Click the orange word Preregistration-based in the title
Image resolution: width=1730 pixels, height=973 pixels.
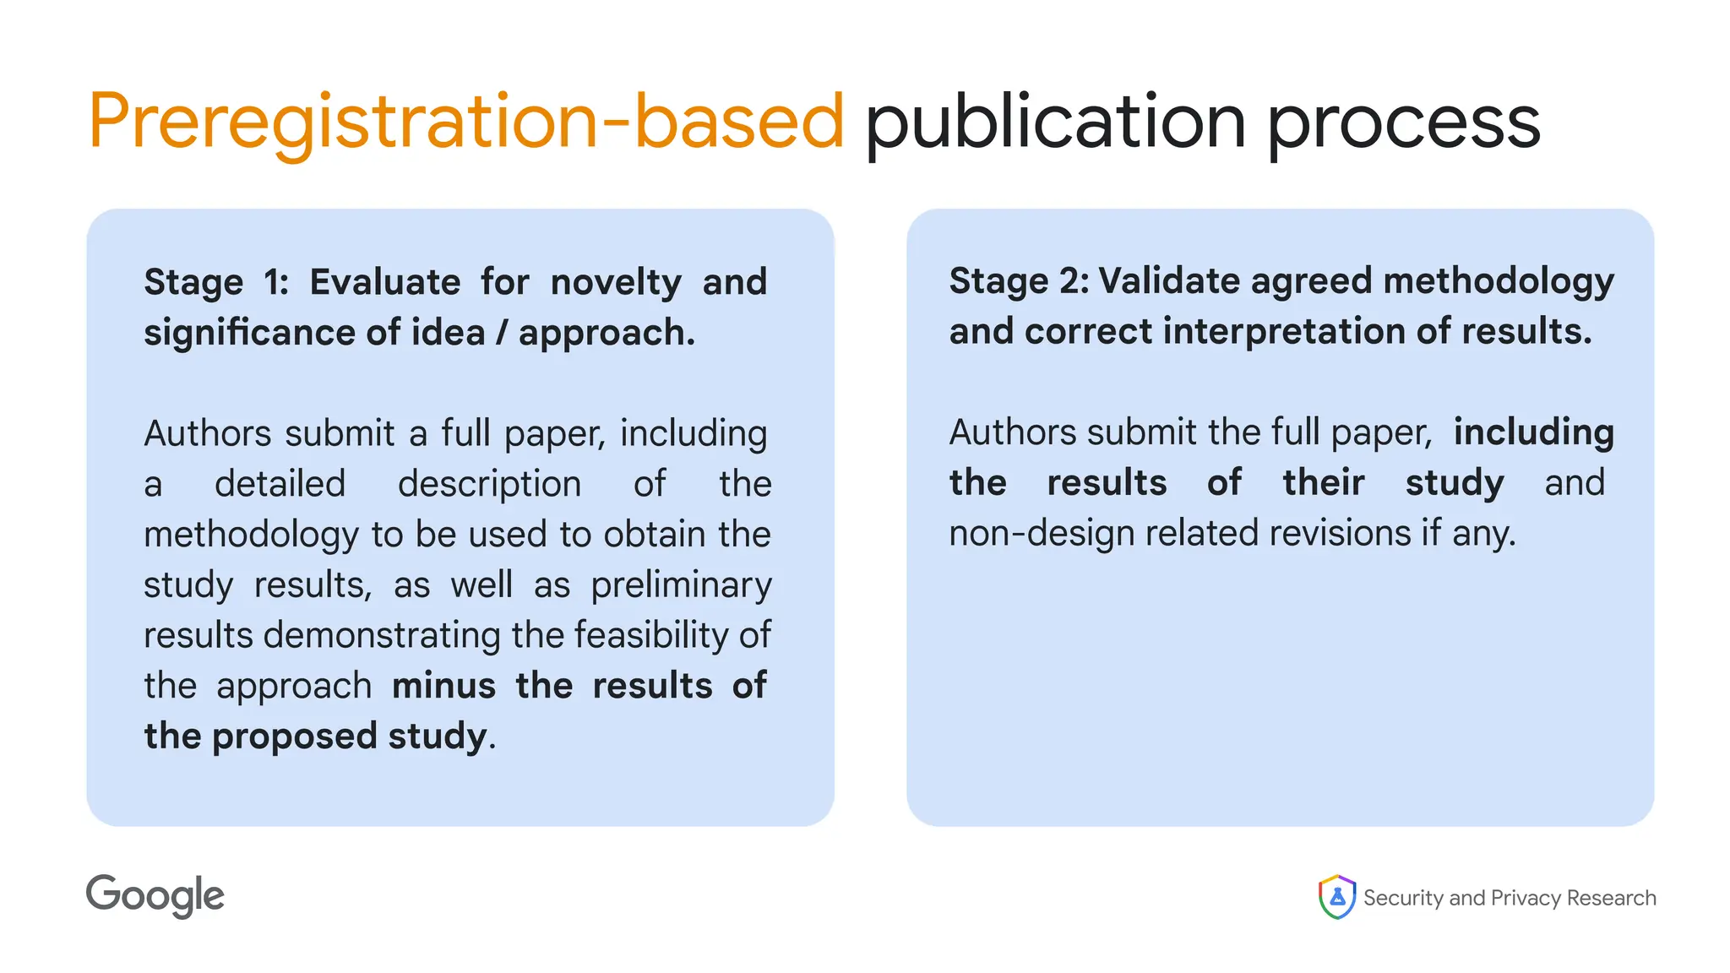tap(465, 122)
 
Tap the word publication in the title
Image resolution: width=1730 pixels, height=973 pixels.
tap(1055, 122)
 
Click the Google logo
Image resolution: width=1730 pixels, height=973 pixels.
tap(155, 896)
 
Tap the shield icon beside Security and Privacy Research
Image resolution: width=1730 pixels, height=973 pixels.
tap(1336, 897)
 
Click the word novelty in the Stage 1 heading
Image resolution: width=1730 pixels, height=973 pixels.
tap(616, 282)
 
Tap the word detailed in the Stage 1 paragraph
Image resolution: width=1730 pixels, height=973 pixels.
tap(280, 484)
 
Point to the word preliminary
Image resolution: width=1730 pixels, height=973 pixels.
tap(681, 585)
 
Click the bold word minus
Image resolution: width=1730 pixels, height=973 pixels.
tap(443, 686)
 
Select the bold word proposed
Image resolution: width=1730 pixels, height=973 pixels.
tap(294, 737)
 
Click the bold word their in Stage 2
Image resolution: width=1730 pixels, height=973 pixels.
tap(1323, 483)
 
